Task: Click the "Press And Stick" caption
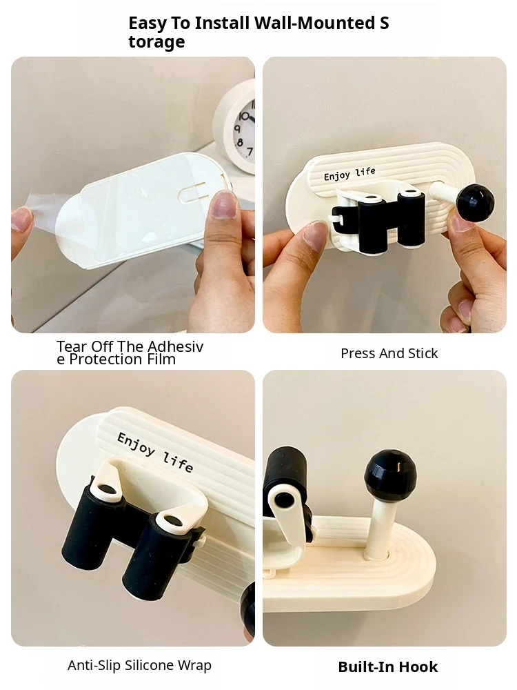pyautogui.click(x=389, y=353)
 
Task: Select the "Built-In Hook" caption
pyautogui.click(x=388, y=667)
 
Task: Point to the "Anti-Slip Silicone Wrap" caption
pyautogui.click(x=139, y=665)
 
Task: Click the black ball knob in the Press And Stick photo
pyautogui.click(x=475, y=203)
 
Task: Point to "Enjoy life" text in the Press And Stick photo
pyautogui.click(x=349, y=174)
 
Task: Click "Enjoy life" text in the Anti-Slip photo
pyautogui.click(x=154, y=451)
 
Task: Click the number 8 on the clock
pyautogui.click(x=240, y=142)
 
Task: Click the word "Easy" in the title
pyautogui.click(x=148, y=23)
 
